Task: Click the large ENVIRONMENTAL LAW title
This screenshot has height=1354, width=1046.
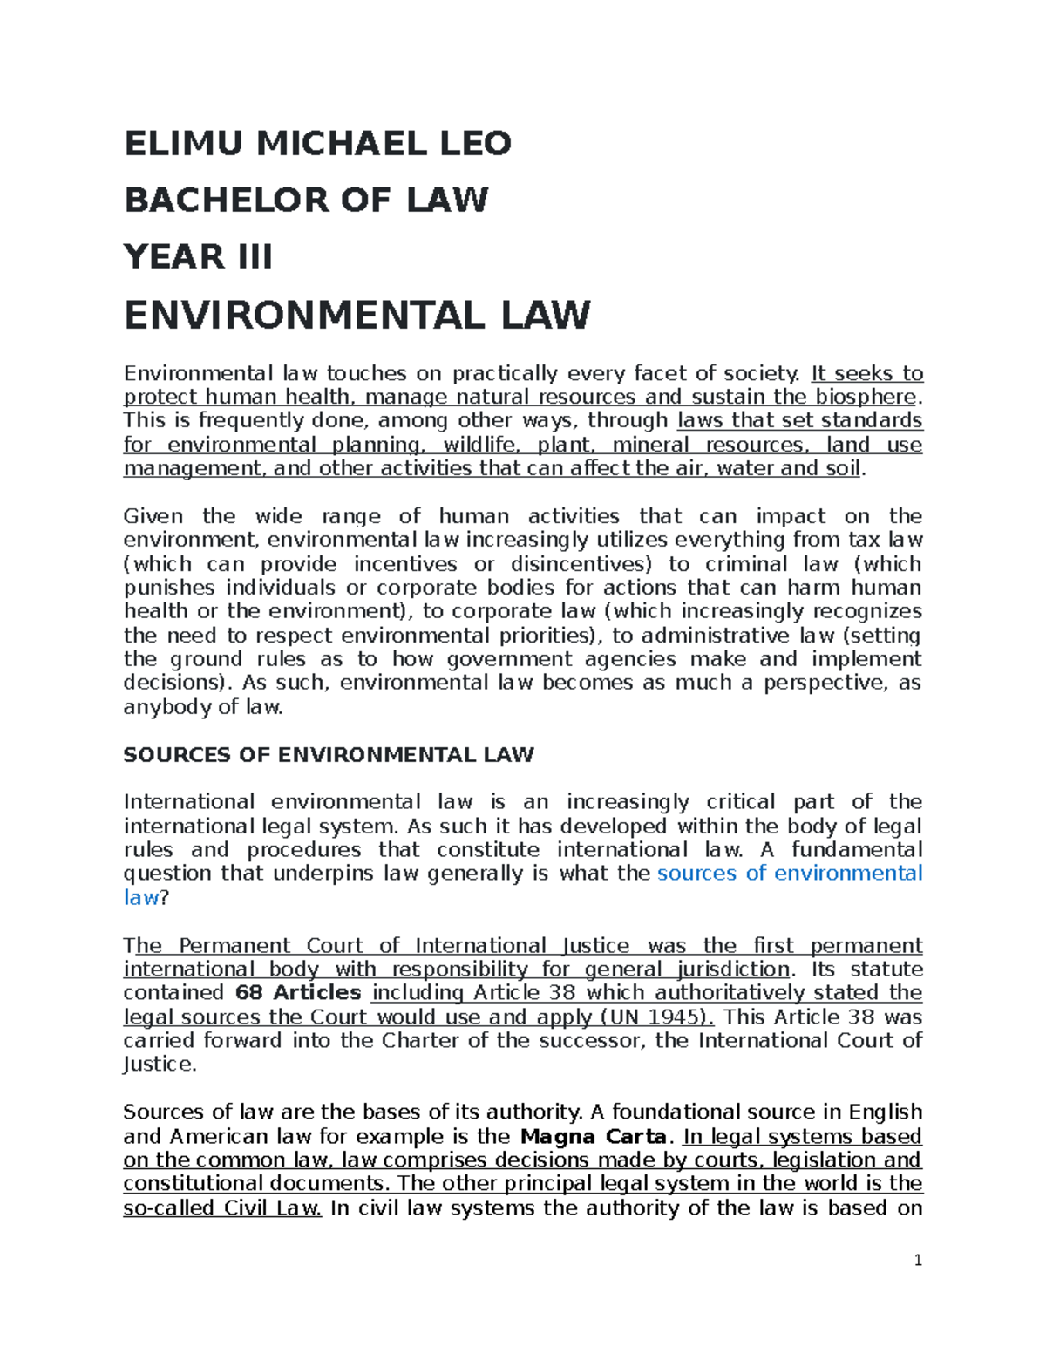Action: point(357,315)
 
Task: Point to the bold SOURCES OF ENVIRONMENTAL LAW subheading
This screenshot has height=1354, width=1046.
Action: point(329,755)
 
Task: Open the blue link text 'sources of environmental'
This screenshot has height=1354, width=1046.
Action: point(789,874)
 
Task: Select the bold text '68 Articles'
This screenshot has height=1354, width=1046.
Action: point(298,993)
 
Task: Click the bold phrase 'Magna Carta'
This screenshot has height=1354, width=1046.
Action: point(593,1137)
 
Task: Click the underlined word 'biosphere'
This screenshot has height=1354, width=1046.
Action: point(866,398)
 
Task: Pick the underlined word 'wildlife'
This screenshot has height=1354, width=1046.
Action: point(479,446)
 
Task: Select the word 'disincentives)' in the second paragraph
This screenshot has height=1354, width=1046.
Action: point(581,564)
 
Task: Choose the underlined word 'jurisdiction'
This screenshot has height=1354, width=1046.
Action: point(730,970)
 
